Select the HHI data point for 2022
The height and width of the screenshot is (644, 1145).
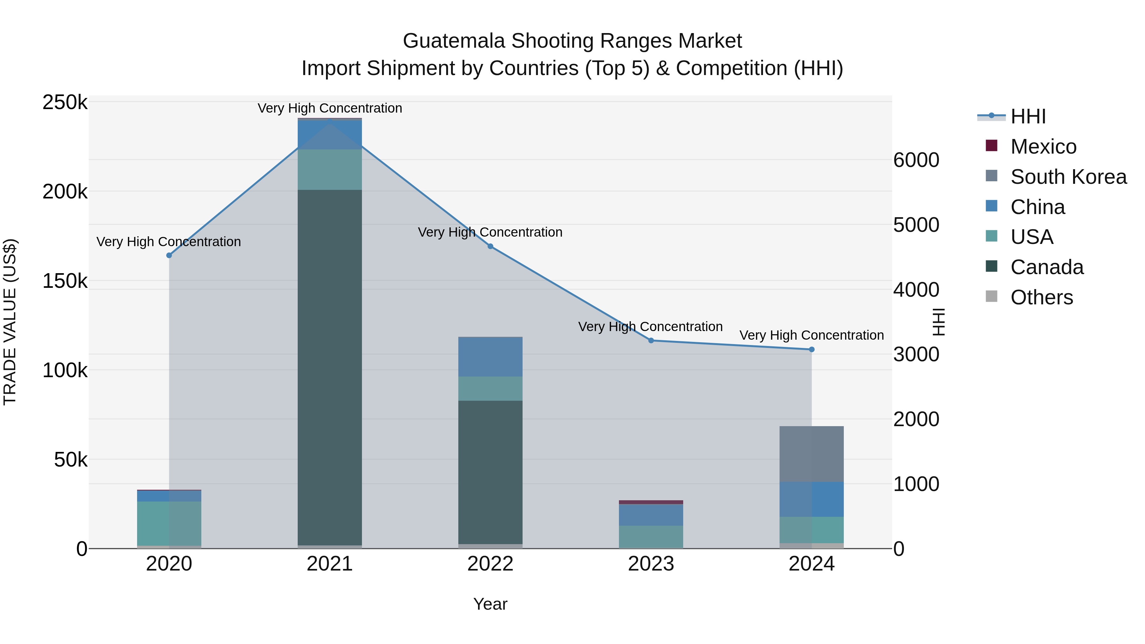[x=490, y=246]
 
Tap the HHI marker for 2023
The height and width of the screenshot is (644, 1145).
[x=651, y=340]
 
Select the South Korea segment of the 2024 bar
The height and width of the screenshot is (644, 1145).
[x=812, y=454]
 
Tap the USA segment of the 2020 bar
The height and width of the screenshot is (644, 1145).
[x=169, y=523]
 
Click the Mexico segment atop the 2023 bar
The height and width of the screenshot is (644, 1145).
[x=651, y=502]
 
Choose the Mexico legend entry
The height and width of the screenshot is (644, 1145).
[x=1043, y=147]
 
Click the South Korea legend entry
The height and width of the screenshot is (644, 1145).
[x=1068, y=177]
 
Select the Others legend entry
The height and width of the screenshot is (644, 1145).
[x=1041, y=297]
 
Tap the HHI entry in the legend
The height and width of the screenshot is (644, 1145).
[x=1028, y=116]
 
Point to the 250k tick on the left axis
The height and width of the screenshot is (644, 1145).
[x=65, y=103]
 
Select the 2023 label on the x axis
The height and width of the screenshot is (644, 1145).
[x=651, y=564]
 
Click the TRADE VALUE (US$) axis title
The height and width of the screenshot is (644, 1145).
[x=10, y=322]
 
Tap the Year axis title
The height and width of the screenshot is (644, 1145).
[x=490, y=604]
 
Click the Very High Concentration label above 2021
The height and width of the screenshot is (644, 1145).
[x=330, y=108]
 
